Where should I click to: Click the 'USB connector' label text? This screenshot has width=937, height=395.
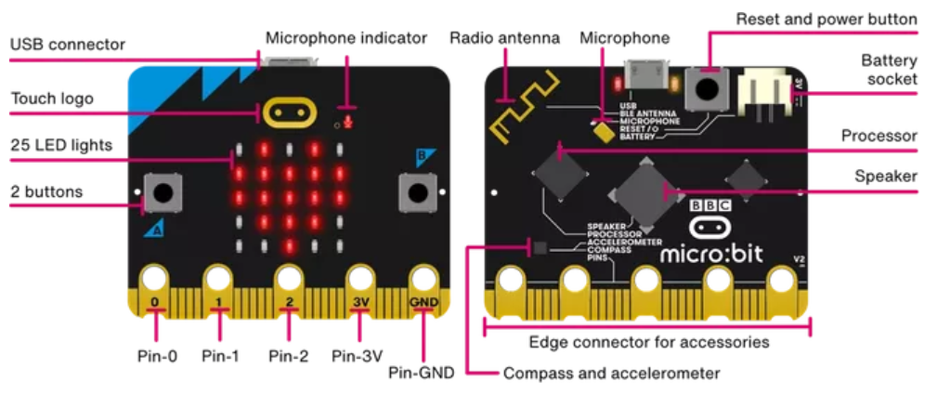point(67,45)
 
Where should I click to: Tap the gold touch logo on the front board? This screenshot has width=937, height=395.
point(288,113)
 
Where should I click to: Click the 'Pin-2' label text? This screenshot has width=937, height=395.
point(290,354)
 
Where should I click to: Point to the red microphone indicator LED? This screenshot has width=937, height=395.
point(349,121)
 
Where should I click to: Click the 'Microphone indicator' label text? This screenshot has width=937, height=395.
point(346,38)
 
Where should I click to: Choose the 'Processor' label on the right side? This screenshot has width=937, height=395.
point(878,136)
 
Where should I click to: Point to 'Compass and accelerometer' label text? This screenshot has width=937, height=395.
point(611,374)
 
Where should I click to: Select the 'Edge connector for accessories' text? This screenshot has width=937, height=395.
point(648,342)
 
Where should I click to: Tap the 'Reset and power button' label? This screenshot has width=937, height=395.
point(826,19)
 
